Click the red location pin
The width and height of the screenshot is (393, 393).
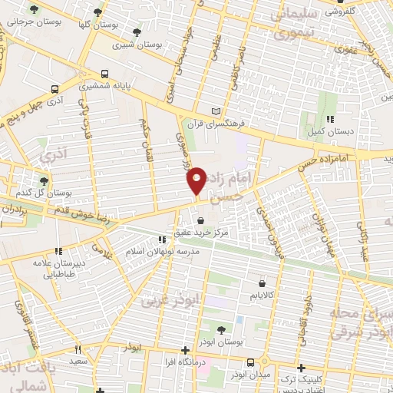click(x=197, y=180)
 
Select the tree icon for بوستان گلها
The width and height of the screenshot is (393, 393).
click(x=96, y=12)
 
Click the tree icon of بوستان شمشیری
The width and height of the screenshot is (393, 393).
click(x=137, y=32)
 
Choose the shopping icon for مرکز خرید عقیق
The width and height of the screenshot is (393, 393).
click(x=200, y=221)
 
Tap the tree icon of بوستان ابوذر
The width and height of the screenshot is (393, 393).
click(x=222, y=329)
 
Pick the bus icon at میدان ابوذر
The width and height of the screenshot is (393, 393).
click(x=251, y=362)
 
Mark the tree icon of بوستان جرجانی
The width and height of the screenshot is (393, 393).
click(x=33, y=9)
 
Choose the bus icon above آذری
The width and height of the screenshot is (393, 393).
click(x=54, y=89)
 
